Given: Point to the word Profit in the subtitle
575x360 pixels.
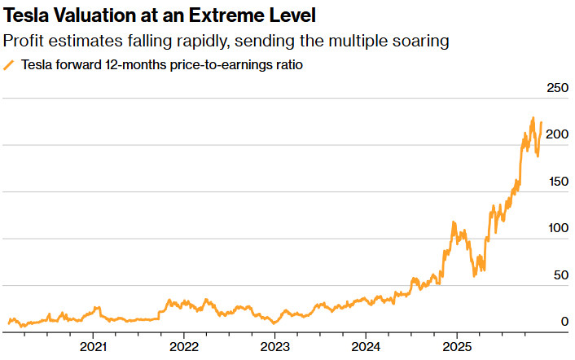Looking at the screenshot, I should (24, 40).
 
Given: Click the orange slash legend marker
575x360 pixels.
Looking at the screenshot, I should (10, 65).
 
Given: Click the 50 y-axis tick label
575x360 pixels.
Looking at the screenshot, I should (560, 275).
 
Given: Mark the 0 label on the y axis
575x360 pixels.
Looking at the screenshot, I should (563, 322).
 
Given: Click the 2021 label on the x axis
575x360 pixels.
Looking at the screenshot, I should (94, 346).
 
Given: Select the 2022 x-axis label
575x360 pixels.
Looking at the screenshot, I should (184, 346).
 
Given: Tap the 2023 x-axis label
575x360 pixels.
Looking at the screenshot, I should (274, 346).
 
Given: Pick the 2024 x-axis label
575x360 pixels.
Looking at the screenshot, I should (366, 346).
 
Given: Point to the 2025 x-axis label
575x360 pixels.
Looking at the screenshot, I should (456, 346).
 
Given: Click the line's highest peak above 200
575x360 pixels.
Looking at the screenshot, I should (533, 119).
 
